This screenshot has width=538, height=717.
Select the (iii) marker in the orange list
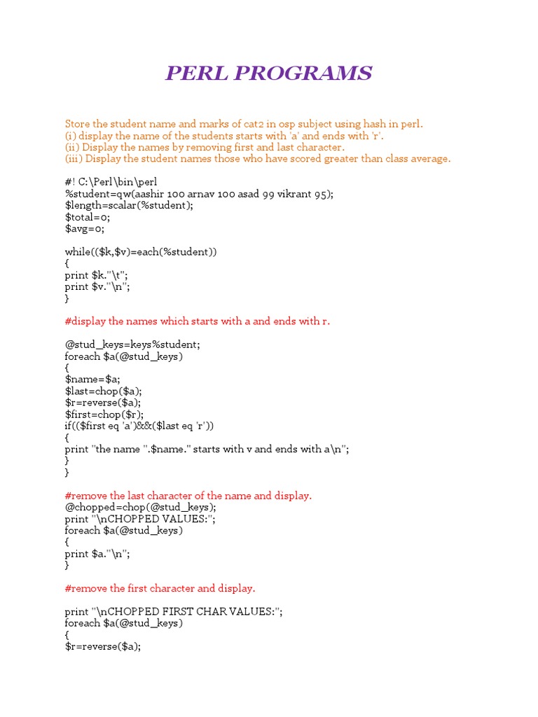pyautogui.click(x=74, y=158)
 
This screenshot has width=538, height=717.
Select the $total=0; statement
pyautogui.click(x=88, y=217)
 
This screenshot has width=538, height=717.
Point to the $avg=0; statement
pyautogui.click(x=85, y=228)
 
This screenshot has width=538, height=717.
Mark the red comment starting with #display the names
pyautogui.click(x=197, y=321)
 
